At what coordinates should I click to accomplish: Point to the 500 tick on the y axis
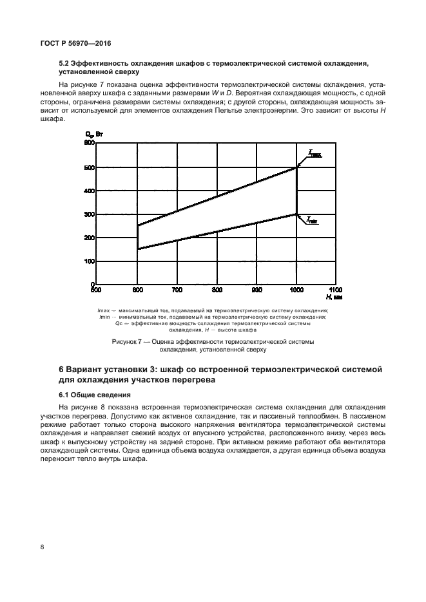(90, 167)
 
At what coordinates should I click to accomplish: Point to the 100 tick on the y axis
(90, 261)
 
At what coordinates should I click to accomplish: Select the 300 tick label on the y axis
(90, 214)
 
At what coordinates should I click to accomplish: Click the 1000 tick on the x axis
(296, 290)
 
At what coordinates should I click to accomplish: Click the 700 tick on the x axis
(177, 290)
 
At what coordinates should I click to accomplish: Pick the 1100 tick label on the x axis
(336, 290)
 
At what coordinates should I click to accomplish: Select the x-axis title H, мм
(334, 297)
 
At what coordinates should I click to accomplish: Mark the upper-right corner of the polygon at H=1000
(296, 167)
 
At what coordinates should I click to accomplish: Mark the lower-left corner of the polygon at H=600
(137, 249)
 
